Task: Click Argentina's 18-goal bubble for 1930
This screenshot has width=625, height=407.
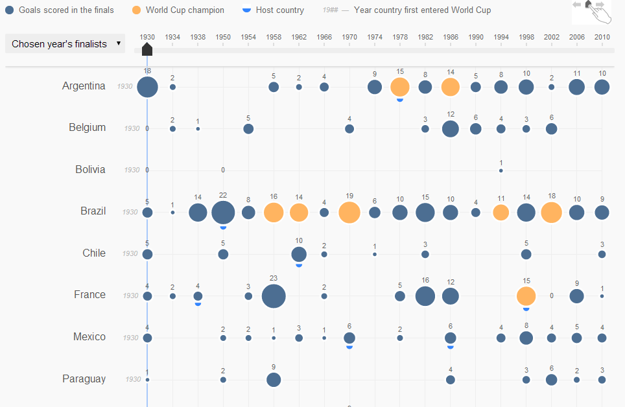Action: pos(147,87)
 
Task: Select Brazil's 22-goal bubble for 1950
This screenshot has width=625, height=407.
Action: pos(223,213)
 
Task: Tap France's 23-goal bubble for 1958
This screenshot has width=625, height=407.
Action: pos(274,296)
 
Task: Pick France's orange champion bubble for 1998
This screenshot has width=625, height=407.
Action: pos(526,296)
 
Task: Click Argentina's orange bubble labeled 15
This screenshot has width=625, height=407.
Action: pos(400,87)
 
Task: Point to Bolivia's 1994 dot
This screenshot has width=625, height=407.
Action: pos(501,170)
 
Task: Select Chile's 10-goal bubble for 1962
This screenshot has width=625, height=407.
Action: pos(299,254)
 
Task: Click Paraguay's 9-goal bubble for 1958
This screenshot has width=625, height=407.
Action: pos(274,380)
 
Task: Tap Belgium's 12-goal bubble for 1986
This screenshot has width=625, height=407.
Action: pos(451,129)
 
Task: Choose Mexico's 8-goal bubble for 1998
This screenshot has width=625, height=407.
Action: pos(526,338)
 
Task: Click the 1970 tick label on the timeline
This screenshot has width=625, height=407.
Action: pos(349,37)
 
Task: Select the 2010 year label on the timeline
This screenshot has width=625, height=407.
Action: pos(602,37)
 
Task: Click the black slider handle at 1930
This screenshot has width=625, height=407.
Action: pos(147,49)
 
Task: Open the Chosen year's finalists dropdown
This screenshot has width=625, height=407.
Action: pos(65,43)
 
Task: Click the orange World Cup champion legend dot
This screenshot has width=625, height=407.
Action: pos(136,10)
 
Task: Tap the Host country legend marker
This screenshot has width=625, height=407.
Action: pos(247,10)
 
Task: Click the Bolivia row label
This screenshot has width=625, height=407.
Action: pos(90,169)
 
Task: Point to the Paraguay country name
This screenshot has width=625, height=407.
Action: pos(84,378)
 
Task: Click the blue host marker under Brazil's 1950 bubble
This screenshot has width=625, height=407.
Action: pos(223,227)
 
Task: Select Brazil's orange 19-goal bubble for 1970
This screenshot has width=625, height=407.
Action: pos(349,213)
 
